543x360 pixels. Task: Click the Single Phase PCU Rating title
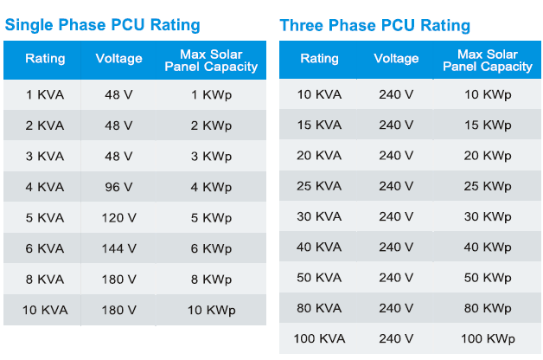tap(102, 25)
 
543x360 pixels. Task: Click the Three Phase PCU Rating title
tap(374, 25)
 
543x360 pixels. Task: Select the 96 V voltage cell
tap(118, 187)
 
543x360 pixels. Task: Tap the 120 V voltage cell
tap(118, 218)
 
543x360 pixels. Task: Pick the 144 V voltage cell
tap(118, 248)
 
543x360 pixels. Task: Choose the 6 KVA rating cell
tap(45, 248)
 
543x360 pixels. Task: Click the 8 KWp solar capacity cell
tap(211, 280)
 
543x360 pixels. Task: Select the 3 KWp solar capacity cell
tap(211, 157)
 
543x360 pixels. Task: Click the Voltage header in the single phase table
tap(118, 59)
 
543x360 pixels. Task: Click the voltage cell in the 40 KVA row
tap(396, 247)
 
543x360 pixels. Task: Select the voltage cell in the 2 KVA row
tap(118, 125)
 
